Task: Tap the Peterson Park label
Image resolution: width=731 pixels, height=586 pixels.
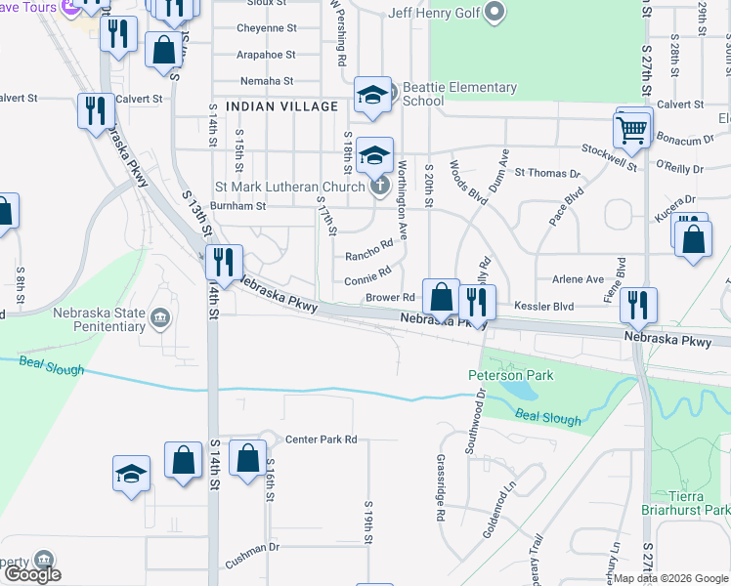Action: point(510,375)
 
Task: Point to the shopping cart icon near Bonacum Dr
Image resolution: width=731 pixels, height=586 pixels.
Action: point(632,128)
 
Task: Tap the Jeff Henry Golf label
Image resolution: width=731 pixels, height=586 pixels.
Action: point(436,13)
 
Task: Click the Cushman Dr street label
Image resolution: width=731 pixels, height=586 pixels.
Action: point(252,564)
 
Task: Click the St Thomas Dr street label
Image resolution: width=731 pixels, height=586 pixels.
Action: point(547,173)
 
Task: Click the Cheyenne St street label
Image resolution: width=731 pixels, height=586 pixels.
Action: point(266,28)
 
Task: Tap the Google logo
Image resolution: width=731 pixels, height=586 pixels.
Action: point(32,573)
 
